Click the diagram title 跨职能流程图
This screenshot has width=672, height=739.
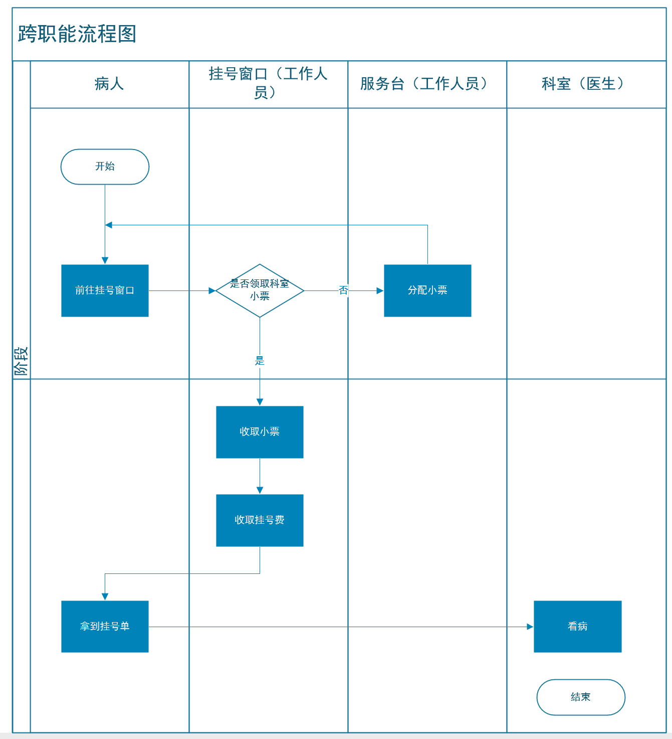77,34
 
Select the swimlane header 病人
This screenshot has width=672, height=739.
109,84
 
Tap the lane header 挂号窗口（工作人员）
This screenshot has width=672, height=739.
268,83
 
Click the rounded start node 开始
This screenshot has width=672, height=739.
105,167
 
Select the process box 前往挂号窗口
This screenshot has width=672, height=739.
105,290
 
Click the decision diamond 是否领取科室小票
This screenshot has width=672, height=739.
260,290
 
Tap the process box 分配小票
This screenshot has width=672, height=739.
427,290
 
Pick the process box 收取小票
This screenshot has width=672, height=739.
260,432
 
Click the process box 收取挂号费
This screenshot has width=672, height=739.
260,520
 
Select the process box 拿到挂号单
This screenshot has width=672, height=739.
105,627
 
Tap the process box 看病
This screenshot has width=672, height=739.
577,627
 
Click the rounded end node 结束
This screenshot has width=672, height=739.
581,697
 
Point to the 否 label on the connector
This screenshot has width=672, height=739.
343,290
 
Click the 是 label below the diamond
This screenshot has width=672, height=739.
260,361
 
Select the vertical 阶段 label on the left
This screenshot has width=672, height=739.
21,361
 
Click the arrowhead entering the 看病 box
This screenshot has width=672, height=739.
530,627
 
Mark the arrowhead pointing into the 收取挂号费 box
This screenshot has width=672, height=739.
260,491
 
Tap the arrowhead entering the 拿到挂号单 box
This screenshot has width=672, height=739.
105,597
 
